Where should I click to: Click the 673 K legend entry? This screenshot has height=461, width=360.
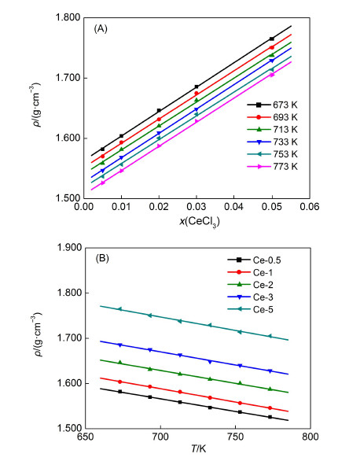[275, 105]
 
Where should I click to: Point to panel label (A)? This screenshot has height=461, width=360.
[100, 28]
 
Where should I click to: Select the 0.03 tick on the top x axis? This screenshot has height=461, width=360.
[197, 210]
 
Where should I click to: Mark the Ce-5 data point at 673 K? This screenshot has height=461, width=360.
[120, 309]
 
